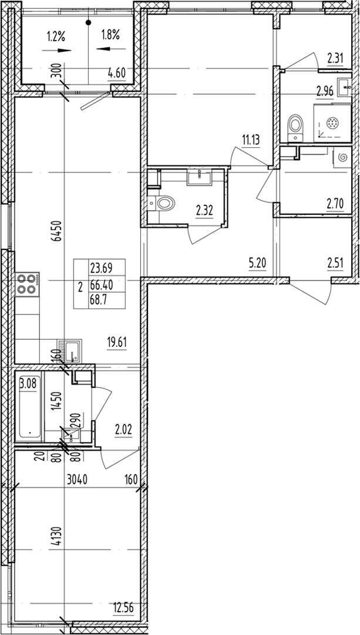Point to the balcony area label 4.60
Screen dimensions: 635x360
pyautogui.click(x=116, y=73)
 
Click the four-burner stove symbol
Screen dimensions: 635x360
pyautogui.click(x=27, y=284)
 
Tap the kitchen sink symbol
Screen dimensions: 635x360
pyautogui.click(x=72, y=350)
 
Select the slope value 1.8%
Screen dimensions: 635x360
pyautogui.click(x=110, y=35)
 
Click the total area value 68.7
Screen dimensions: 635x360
pyautogui.click(x=99, y=300)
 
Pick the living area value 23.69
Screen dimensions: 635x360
pyautogui.click(x=100, y=269)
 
